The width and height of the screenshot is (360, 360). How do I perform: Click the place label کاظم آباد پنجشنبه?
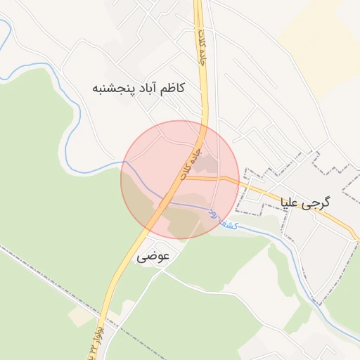pyautogui.click(x=138, y=88)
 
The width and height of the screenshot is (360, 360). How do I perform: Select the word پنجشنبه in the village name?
pyautogui.click(x=110, y=89)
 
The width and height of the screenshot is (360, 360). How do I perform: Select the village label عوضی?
pyautogui.click(x=153, y=257)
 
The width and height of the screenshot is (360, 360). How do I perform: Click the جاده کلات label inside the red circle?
pyautogui.click(x=191, y=163)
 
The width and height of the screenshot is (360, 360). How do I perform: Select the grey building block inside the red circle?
pyautogui.click(x=205, y=165)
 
